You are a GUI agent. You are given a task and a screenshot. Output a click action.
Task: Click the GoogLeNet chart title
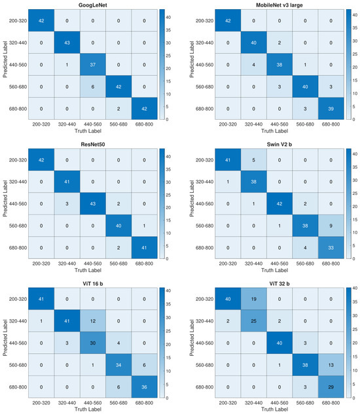point(92,5)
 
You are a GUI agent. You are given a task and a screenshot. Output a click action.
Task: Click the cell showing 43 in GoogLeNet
point(67,43)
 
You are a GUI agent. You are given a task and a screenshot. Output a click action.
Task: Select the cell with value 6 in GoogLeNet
point(93,86)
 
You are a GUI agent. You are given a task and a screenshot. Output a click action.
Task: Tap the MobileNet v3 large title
point(279,5)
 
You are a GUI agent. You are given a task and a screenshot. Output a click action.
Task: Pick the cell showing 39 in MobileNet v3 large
point(331,109)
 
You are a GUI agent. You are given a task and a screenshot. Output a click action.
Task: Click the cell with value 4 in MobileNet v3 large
point(254,65)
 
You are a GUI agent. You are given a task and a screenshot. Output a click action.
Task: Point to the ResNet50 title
point(92,144)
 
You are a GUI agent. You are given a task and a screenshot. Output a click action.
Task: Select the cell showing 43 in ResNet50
point(93,203)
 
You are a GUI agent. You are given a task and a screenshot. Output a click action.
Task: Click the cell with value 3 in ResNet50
point(67,203)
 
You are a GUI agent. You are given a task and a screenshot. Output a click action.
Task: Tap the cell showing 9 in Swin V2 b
point(331,226)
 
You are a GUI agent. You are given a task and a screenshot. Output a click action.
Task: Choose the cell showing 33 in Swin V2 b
point(331,248)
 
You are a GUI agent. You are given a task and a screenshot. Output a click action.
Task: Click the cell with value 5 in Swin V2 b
point(254,160)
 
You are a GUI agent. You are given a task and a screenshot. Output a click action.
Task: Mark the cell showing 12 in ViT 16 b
point(93,321)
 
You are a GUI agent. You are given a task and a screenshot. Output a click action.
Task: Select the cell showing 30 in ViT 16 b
point(93,343)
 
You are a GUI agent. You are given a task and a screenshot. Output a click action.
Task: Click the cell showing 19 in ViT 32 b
point(254,299)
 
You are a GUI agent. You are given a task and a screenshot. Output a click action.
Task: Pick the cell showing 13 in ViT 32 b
point(331,365)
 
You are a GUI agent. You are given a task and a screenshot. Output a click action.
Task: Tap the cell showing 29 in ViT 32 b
point(331,387)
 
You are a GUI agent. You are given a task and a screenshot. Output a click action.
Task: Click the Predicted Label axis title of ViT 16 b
point(5,337)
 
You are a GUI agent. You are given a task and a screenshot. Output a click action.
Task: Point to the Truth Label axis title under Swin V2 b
point(274,270)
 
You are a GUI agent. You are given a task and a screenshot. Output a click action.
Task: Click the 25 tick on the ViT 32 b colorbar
point(355,329)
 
